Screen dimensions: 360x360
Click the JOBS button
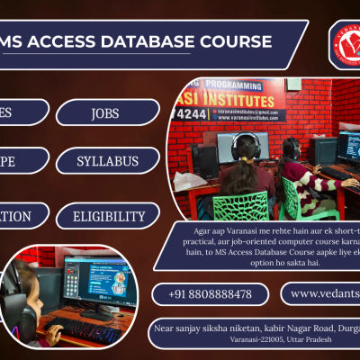(x=108, y=112)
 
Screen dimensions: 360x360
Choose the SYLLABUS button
(x=108, y=161)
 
